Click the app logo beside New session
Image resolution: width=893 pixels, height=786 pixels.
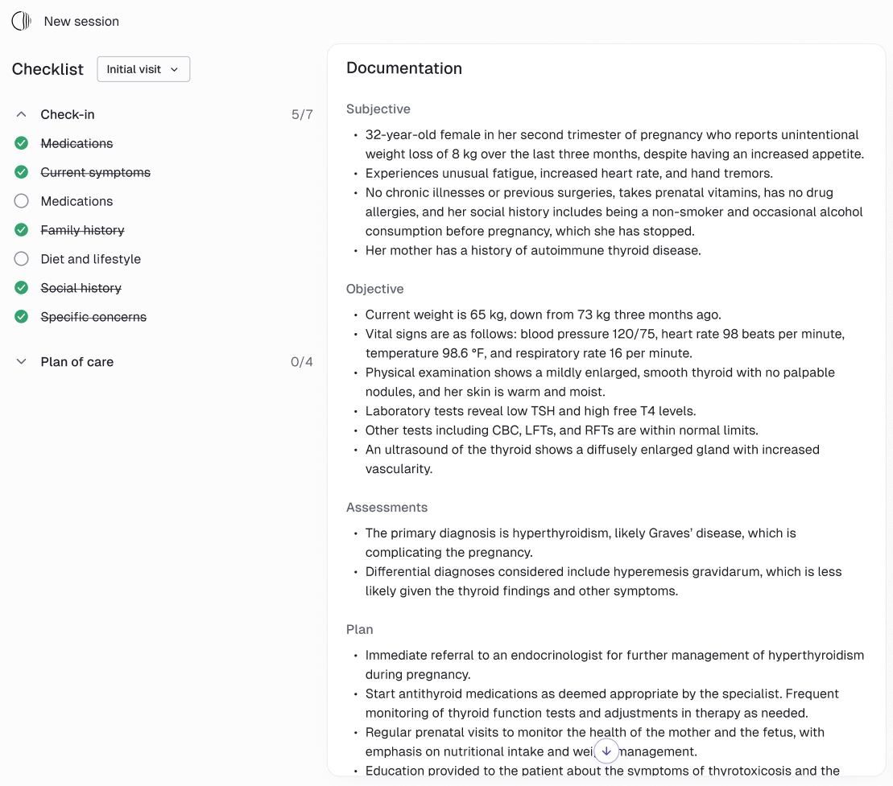pyautogui.click(x=22, y=22)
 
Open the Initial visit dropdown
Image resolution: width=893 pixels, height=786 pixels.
pyautogui.click(x=143, y=69)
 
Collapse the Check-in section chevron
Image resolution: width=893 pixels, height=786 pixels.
pyautogui.click(x=22, y=114)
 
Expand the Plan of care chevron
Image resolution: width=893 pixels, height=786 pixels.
pyautogui.click(x=22, y=362)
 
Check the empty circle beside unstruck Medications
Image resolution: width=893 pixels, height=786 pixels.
pyautogui.click(x=22, y=201)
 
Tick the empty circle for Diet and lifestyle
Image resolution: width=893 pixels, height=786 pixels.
pyautogui.click(x=22, y=259)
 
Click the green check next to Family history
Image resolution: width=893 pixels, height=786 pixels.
pyautogui.click(x=22, y=230)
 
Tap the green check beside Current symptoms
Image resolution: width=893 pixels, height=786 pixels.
pyautogui.click(x=22, y=172)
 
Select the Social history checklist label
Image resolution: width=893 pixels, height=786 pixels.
pyautogui.click(x=81, y=288)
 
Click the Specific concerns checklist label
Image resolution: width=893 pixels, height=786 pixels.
pyautogui.click(x=93, y=317)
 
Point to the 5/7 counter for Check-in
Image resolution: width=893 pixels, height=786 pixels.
pyautogui.click(x=302, y=114)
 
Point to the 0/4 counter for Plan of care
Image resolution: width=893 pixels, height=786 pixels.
pyautogui.click(x=302, y=362)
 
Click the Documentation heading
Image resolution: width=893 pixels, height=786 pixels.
pyautogui.click(x=404, y=68)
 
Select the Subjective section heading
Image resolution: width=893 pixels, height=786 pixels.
pyautogui.click(x=378, y=109)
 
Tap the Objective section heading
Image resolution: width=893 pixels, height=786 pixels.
pyautogui.click(x=375, y=289)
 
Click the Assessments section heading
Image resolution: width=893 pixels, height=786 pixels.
pyautogui.click(x=387, y=508)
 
